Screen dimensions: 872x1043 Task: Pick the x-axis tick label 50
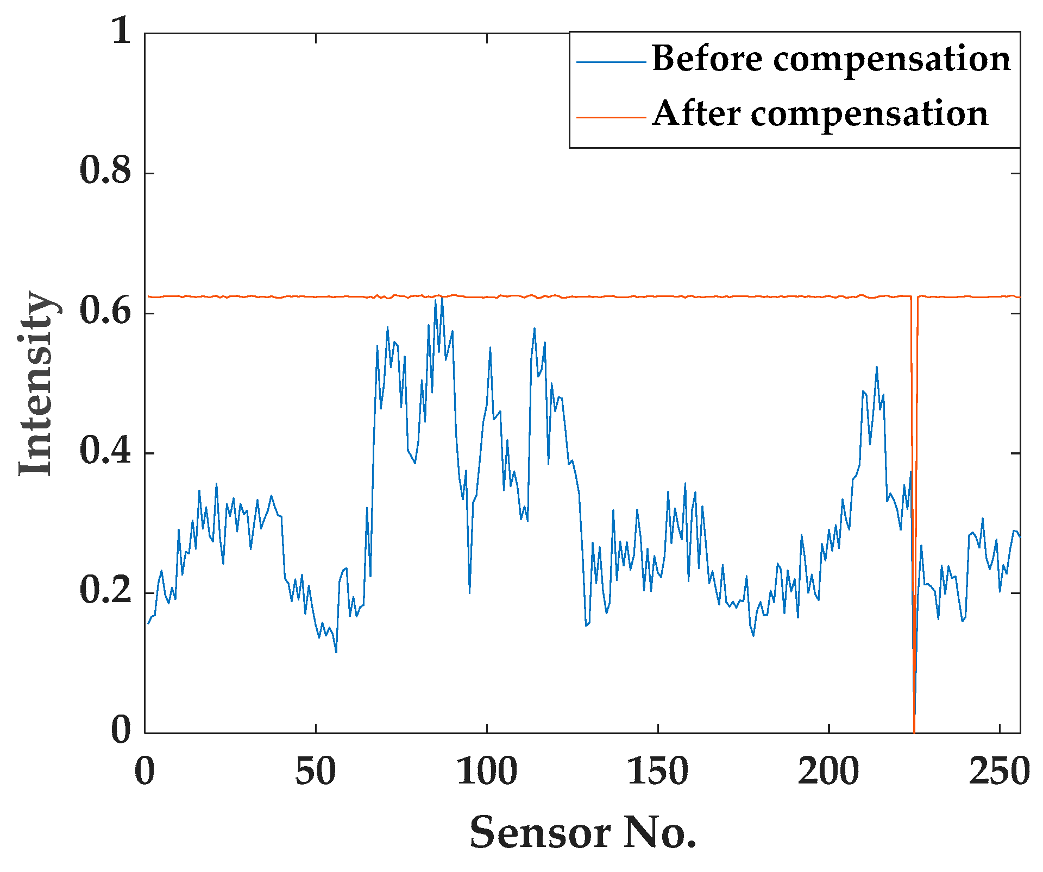click(x=315, y=772)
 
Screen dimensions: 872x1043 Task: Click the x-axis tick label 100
click(x=487, y=772)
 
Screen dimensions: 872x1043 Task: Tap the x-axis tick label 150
click(x=658, y=772)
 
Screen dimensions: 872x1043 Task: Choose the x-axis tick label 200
click(x=829, y=772)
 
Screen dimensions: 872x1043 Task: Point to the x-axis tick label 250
click(x=1000, y=772)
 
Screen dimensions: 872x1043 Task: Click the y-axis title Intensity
click(x=37, y=383)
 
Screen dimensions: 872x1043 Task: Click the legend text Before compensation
click(x=831, y=59)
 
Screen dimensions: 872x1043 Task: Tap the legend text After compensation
click(x=820, y=114)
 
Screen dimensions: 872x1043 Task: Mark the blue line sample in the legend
click(x=611, y=62)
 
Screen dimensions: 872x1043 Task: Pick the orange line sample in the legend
click(x=611, y=117)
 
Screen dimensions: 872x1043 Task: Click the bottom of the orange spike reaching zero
click(x=914, y=731)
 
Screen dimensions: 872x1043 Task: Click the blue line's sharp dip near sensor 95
click(x=469, y=592)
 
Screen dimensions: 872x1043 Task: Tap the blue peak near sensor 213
click(x=876, y=368)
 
